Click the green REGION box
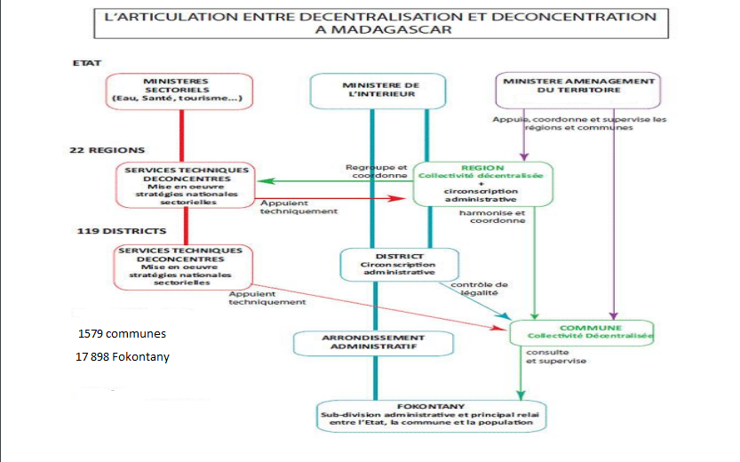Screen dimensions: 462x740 click(482, 182)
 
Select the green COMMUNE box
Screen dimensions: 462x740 click(581, 332)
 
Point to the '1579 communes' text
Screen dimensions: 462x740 click(122, 334)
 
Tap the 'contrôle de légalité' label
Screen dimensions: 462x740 click(480, 289)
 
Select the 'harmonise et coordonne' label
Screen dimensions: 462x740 click(492, 218)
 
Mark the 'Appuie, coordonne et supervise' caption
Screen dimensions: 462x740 click(579, 123)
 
